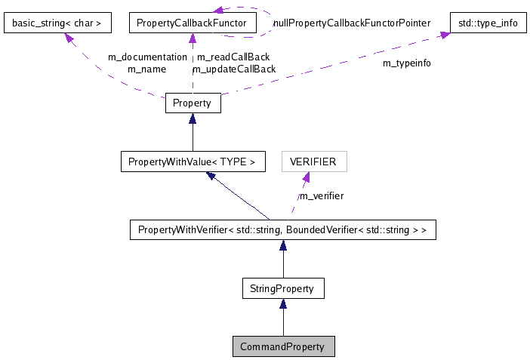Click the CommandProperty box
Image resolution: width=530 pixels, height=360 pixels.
click(x=283, y=346)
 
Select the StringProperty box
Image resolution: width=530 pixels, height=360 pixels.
click(x=282, y=288)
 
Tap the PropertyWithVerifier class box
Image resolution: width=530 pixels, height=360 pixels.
click(x=282, y=229)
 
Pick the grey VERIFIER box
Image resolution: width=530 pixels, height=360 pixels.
click(x=313, y=162)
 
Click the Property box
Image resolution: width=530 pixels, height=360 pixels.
click(x=193, y=103)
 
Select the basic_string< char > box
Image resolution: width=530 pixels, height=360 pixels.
click(x=57, y=23)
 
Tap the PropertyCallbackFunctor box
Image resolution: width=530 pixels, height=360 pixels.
click(x=192, y=23)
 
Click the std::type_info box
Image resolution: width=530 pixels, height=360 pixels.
click(x=488, y=23)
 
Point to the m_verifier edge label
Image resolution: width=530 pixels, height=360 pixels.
click(x=321, y=196)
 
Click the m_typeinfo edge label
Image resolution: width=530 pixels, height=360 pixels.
click(x=407, y=63)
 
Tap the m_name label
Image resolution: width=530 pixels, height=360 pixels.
click(x=146, y=69)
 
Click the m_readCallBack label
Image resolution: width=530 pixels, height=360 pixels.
click(x=233, y=57)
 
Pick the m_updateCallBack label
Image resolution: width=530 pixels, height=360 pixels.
click(x=234, y=69)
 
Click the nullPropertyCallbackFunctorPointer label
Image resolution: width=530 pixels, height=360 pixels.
click(x=352, y=23)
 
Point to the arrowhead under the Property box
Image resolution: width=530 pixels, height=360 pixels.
click(x=193, y=119)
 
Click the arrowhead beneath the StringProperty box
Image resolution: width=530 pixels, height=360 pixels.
click(x=283, y=303)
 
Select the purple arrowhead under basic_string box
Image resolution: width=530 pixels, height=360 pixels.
click(x=71, y=38)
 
